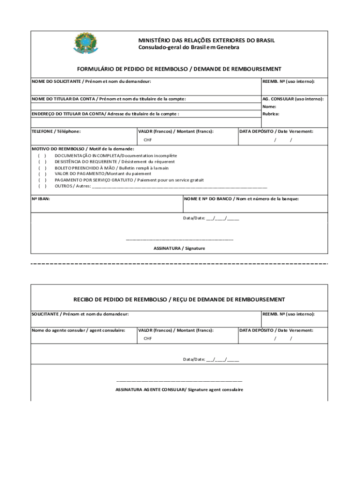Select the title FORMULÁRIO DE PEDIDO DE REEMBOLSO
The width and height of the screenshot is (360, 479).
point(180,69)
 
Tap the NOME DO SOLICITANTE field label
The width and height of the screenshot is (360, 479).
point(91,81)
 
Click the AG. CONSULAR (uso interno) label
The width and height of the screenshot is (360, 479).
point(293,99)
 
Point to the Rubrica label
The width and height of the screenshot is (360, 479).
point(271,113)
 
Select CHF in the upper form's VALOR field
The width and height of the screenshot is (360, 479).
point(148,140)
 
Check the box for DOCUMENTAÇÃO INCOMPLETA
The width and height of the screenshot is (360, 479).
point(42,155)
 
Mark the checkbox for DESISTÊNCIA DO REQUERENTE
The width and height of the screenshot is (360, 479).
point(42,161)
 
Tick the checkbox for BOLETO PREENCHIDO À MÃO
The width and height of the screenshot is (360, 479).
point(42,167)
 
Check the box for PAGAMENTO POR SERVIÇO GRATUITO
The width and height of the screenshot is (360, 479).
point(42,180)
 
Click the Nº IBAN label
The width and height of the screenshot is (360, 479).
point(41,199)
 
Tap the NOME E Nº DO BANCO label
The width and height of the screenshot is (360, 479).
point(241,199)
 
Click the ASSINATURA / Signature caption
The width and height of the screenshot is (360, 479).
point(180,248)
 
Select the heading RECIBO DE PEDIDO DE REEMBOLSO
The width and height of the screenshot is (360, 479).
point(180,299)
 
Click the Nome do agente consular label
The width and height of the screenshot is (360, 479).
point(78,330)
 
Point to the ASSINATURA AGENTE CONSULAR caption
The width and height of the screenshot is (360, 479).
point(180,390)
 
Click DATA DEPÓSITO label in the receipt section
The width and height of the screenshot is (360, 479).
point(276,330)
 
